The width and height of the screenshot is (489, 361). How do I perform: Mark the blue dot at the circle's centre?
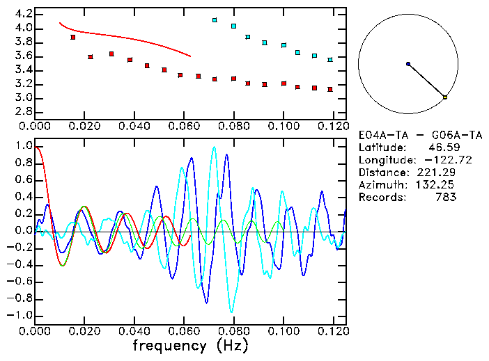(x=408, y=64)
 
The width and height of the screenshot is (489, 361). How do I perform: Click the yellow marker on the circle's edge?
(x=445, y=97)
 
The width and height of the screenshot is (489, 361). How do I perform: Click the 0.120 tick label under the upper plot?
(x=333, y=127)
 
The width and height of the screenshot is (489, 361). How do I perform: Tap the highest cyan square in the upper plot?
(x=215, y=20)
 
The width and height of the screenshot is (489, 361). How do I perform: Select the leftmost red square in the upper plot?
(x=72, y=37)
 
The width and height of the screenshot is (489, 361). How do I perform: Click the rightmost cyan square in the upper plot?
(x=330, y=60)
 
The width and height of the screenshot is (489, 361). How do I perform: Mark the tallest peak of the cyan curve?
(x=214, y=147)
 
